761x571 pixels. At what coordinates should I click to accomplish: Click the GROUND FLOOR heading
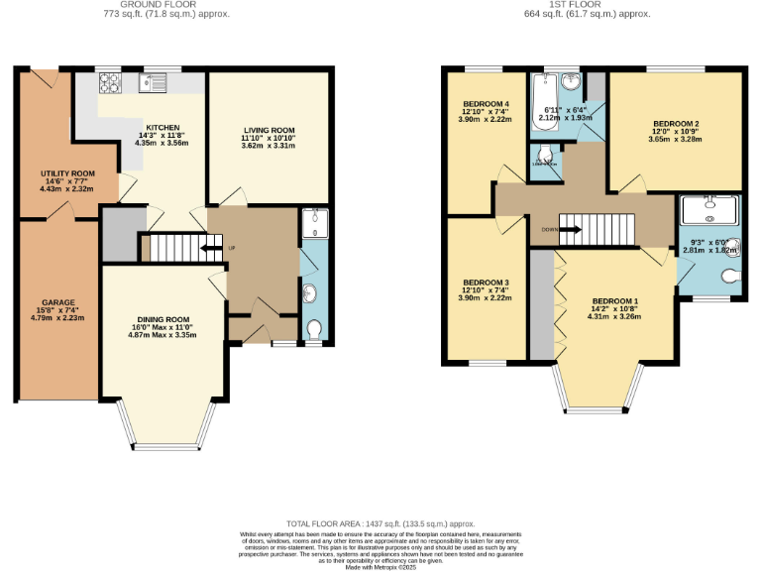(x=165, y=5)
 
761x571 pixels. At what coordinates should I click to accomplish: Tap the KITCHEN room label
(x=163, y=128)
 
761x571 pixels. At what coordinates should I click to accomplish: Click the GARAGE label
(x=57, y=302)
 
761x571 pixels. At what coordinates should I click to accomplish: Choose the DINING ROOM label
(x=163, y=319)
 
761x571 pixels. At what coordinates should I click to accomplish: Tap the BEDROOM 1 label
(x=615, y=300)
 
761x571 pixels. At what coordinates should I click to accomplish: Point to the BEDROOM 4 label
(x=486, y=103)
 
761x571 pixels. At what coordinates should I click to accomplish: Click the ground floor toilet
(x=314, y=328)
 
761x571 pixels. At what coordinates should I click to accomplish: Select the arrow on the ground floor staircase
(x=209, y=248)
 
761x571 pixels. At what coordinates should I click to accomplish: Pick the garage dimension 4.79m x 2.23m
(x=57, y=318)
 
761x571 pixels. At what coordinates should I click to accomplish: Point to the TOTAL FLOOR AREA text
(x=380, y=522)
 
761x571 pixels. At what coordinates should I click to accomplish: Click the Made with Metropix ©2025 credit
(x=380, y=566)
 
